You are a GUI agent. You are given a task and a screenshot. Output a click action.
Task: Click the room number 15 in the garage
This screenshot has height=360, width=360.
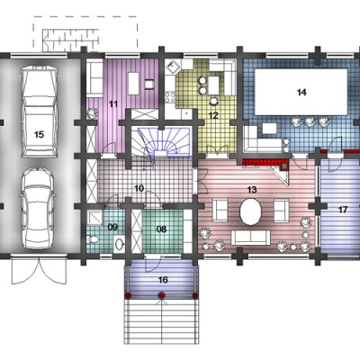point(39,134)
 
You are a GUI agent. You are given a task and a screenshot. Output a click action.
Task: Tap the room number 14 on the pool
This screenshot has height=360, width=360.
point(301,92)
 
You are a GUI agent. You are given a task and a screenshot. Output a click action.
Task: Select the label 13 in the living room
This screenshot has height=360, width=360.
point(252,190)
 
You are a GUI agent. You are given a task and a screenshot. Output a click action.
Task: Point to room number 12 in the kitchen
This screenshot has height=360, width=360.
point(213,115)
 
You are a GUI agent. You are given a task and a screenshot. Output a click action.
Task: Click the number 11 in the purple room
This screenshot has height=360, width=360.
point(113,104)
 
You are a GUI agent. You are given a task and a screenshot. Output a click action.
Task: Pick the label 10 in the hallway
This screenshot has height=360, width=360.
point(139,188)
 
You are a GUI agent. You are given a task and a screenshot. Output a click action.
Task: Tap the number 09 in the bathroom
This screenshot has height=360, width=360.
point(112,227)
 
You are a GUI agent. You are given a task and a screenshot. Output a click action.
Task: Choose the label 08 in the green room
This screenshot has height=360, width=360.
point(161,229)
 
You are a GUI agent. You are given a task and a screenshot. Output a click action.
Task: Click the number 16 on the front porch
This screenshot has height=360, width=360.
point(163,280)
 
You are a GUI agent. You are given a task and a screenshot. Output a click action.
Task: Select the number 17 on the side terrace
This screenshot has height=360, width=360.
point(343,210)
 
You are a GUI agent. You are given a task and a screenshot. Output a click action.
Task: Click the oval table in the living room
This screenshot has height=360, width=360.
point(250,211)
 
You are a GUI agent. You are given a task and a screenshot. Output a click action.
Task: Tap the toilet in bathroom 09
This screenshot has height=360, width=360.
point(93,239)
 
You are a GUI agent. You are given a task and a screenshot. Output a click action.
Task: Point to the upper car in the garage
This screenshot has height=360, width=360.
point(39,112)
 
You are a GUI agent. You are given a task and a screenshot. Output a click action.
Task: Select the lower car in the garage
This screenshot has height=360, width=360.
point(38,208)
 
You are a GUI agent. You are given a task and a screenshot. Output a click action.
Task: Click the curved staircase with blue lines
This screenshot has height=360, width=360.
point(164,142)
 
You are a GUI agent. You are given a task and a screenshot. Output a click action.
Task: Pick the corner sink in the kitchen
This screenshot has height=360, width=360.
point(173,67)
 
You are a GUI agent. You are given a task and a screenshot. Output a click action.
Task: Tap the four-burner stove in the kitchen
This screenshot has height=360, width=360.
point(171,96)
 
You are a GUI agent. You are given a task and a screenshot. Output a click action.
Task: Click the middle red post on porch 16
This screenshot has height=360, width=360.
point(162,296)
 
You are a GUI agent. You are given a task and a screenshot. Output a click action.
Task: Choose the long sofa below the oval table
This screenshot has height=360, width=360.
point(251,238)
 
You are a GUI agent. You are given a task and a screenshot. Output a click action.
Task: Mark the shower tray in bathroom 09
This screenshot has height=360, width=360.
point(95,217)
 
